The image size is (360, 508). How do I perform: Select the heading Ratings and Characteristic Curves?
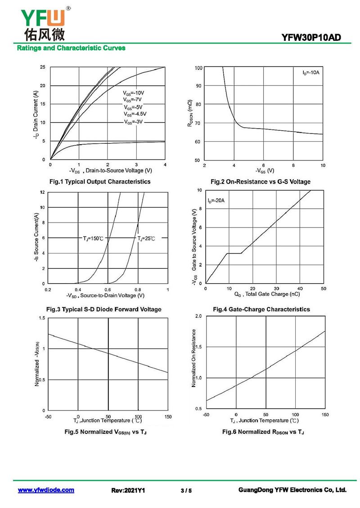point(71,48)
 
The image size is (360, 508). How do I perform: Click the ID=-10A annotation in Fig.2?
point(311,72)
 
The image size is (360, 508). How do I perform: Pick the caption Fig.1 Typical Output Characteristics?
point(99,182)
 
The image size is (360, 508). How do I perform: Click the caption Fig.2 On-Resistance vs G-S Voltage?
point(261,182)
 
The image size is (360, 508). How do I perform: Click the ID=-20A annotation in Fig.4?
point(216,200)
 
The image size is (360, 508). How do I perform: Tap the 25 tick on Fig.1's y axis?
point(42,67)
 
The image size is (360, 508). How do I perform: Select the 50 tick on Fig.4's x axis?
point(324,288)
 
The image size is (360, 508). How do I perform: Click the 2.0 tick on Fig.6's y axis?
point(198,316)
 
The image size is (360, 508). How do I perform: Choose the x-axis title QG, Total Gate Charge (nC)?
point(267,294)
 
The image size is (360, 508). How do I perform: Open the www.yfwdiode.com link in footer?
point(46,490)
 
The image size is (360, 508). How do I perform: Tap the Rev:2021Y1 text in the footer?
point(128,490)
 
